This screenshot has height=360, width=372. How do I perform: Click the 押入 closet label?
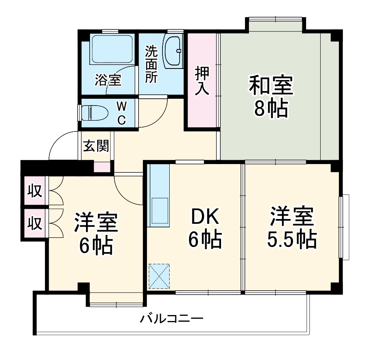202,81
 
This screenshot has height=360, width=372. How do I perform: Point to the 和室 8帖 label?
271,96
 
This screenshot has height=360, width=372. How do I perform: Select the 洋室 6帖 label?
96,234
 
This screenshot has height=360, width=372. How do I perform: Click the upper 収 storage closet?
35,192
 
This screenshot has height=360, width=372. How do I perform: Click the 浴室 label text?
108,80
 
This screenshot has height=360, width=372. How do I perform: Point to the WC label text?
122,113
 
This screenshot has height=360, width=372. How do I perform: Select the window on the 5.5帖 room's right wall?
344,227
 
